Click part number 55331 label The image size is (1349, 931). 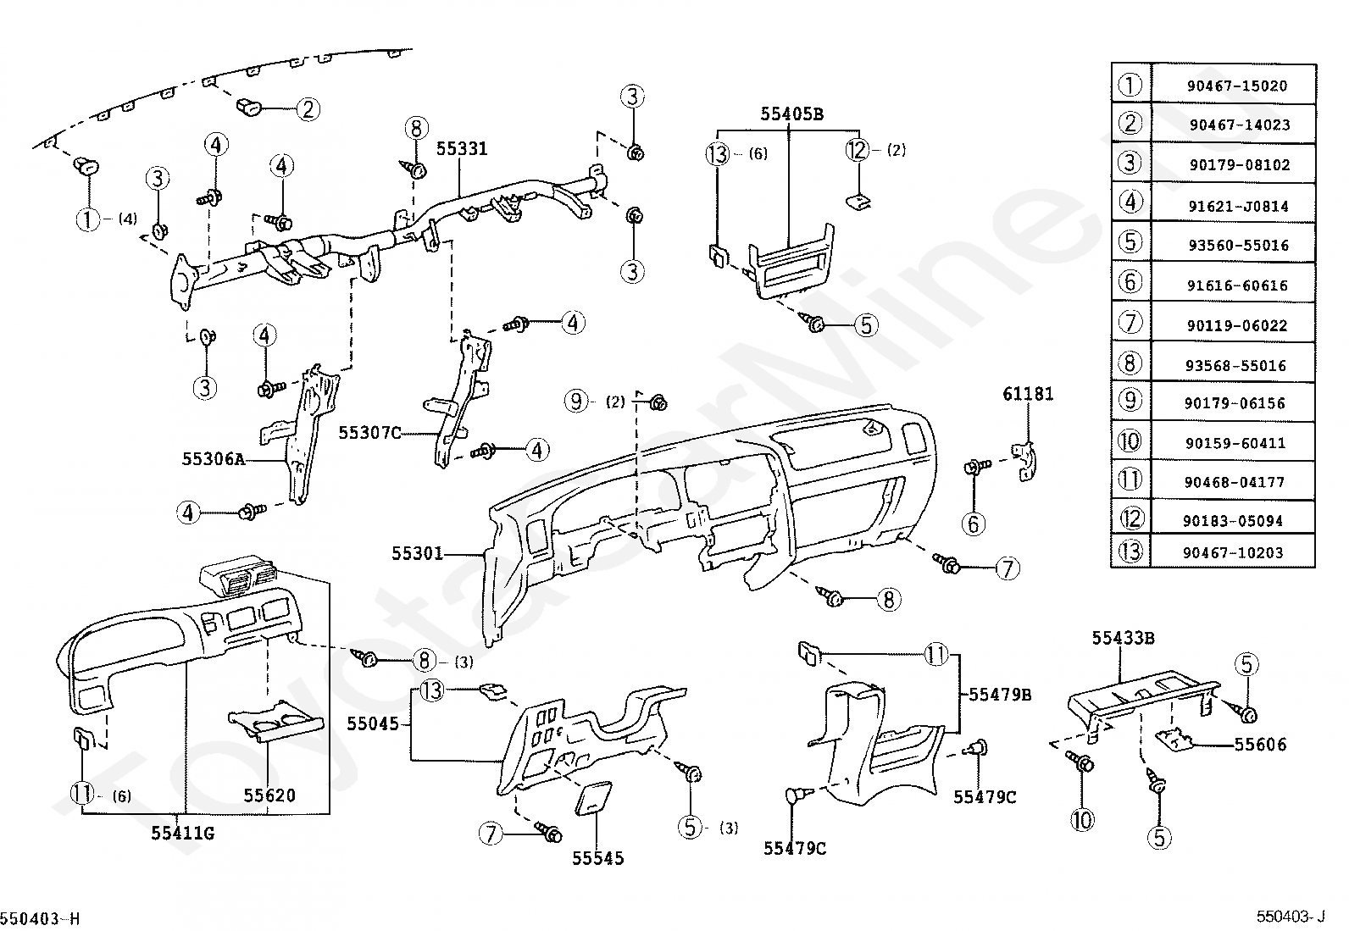(462, 149)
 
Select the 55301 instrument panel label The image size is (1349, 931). (417, 553)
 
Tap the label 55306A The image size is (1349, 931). (213, 459)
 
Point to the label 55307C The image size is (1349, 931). (369, 433)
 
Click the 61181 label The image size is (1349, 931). (1028, 394)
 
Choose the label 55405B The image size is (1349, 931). (791, 114)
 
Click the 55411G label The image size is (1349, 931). (183, 833)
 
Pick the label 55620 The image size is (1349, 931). (269, 795)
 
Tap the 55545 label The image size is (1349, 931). (597, 858)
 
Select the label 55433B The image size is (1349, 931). (1123, 638)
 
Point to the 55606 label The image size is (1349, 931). (1259, 745)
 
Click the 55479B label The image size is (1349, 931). (1000, 695)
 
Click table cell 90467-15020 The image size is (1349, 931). (1237, 86)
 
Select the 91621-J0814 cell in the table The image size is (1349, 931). (1237, 205)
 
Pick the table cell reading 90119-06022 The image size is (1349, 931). (1237, 325)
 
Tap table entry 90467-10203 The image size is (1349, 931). (1237, 552)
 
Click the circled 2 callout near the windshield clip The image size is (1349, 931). (308, 108)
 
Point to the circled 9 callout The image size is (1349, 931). (577, 401)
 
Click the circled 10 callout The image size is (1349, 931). (1083, 819)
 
